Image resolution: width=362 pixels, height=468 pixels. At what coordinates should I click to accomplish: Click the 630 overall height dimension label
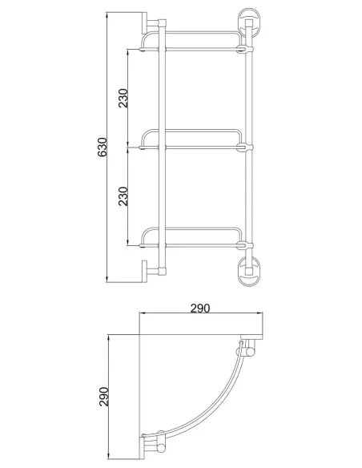coord(103,147)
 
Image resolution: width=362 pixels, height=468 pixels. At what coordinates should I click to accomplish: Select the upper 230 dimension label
coord(123,99)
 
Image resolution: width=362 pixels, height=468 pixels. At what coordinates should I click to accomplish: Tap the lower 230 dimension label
coord(123,196)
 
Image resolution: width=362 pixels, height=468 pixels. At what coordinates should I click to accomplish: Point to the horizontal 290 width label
coord(200,308)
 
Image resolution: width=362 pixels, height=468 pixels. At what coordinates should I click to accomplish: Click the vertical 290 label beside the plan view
coord(104,397)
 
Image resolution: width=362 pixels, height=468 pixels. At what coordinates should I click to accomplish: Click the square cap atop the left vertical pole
coord(162,23)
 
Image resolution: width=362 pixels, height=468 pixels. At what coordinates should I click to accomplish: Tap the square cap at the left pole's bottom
coord(162,271)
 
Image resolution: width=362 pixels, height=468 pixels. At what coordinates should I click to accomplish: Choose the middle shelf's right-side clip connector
coord(245,147)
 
